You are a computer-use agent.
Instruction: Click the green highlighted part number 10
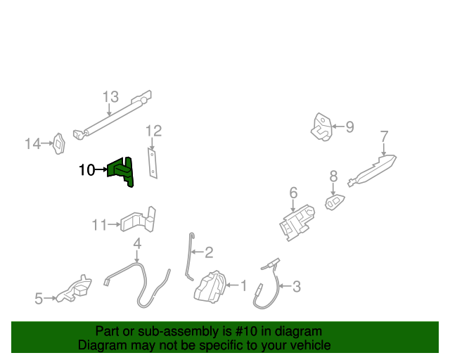pyautogui.click(x=122, y=171)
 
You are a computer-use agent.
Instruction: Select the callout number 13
pyautogui.click(x=110, y=97)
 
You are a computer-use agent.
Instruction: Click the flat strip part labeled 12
pyautogui.click(x=152, y=162)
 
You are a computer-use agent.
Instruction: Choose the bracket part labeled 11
pyautogui.click(x=138, y=220)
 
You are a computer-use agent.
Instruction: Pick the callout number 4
pyautogui.click(x=137, y=244)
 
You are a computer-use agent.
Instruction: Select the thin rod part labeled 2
pyautogui.click(x=188, y=257)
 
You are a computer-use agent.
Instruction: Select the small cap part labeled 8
pyautogui.click(x=335, y=202)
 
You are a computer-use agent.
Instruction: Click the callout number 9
pyautogui.click(x=349, y=127)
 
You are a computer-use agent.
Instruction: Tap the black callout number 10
pyautogui.click(x=86, y=170)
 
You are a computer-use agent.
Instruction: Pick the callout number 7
pyautogui.click(x=384, y=136)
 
